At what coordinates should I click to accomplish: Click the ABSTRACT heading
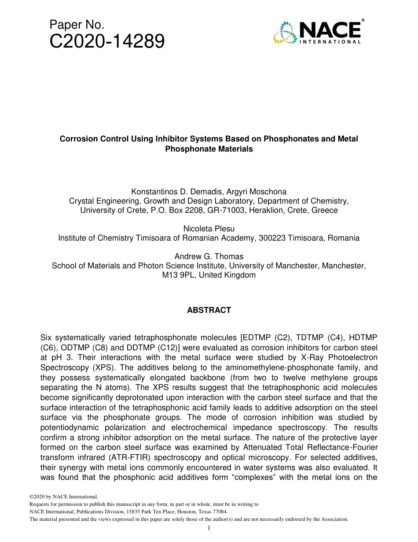point(209,310)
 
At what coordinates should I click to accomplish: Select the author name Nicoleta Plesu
point(209,229)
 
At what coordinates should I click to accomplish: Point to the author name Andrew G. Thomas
point(209,256)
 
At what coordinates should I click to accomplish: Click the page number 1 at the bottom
point(209,528)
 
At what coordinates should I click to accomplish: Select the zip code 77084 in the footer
point(220,512)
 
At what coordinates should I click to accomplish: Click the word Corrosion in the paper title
point(77,139)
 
